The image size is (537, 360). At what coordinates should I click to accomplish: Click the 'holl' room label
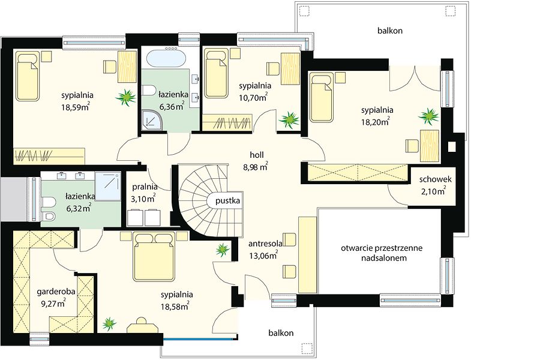[257, 155]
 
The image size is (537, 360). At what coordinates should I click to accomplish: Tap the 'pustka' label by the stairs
[228, 201]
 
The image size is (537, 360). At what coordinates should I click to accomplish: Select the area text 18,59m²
[76, 107]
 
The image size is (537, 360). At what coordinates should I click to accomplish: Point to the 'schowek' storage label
[435, 179]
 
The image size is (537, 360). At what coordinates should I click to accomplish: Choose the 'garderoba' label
[56, 292]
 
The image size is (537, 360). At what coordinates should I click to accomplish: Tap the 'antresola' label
[265, 244]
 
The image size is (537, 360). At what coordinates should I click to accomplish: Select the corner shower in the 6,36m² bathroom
[151, 119]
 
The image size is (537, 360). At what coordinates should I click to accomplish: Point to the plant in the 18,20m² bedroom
[428, 116]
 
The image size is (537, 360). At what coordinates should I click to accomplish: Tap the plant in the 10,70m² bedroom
[289, 120]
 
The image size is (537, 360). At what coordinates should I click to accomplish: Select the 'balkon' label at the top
[390, 31]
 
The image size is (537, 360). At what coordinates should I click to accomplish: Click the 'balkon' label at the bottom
[281, 333]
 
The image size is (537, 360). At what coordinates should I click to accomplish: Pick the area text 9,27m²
[52, 304]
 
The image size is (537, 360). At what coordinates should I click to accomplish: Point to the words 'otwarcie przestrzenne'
[382, 248]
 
